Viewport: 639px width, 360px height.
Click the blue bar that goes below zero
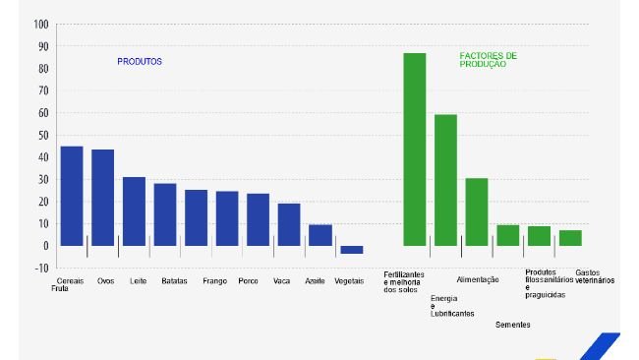tap(351, 250)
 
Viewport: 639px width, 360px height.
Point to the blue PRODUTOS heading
tap(140, 61)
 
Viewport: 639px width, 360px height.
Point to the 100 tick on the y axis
tap(41, 24)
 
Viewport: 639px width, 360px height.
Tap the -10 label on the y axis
tap(41, 268)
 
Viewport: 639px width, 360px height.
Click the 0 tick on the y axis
tap(46, 246)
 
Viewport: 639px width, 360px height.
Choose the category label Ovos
tap(105, 281)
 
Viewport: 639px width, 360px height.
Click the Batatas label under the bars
tap(175, 281)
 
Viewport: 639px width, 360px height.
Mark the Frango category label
tap(214, 281)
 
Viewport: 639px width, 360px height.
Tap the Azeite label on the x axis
tap(315, 281)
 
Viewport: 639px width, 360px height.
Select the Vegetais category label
tap(349, 281)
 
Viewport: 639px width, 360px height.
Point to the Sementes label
tap(514, 325)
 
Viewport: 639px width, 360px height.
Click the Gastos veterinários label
tap(594, 276)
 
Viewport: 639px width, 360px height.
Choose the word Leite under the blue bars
tap(139, 281)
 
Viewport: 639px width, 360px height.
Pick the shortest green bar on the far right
tap(570, 238)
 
